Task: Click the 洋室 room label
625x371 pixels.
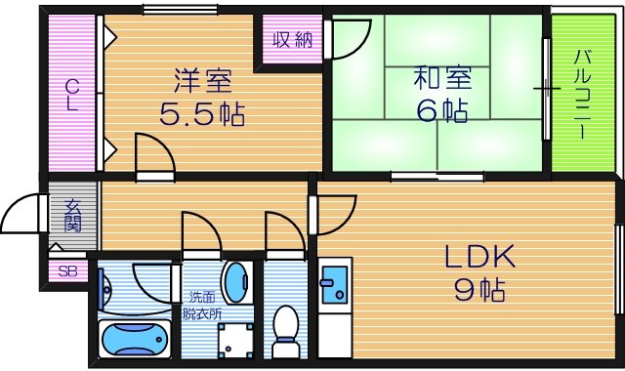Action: click(x=203, y=78)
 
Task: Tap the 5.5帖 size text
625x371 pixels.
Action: click(x=202, y=112)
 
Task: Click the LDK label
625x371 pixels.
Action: click(x=479, y=258)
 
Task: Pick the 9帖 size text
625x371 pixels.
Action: click(x=479, y=290)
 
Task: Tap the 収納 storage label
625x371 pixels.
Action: click(x=290, y=40)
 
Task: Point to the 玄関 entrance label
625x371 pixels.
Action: click(x=73, y=215)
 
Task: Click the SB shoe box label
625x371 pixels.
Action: click(x=67, y=272)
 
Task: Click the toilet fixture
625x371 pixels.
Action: click(x=286, y=328)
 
